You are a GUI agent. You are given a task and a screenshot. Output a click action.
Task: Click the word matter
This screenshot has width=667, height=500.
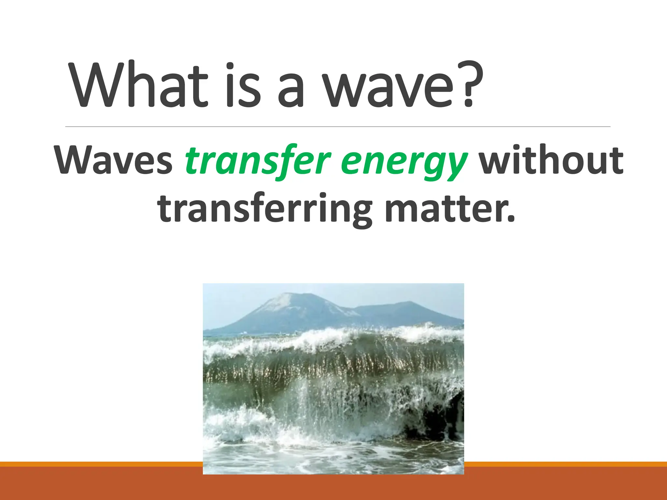coord(445,208)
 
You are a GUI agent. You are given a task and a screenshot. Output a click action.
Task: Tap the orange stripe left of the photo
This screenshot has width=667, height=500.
coord(98,464)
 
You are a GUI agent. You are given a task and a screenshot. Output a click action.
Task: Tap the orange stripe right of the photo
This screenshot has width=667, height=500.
coord(563,464)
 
